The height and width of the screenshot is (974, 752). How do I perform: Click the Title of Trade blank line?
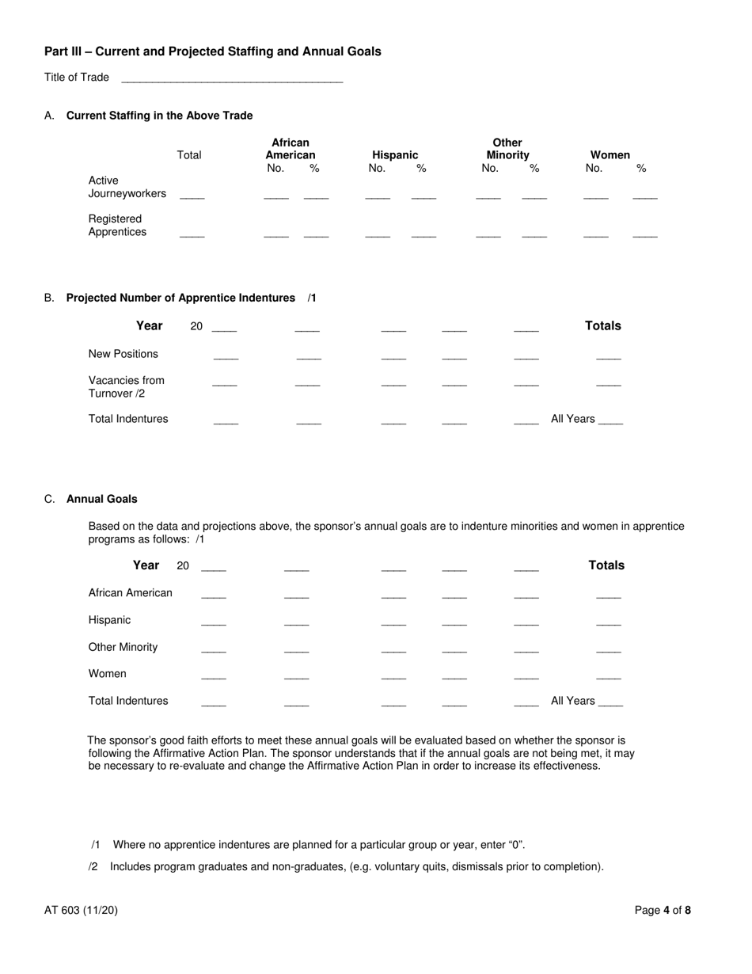point(232,79)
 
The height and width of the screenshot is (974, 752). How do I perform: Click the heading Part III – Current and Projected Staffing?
point(212,51)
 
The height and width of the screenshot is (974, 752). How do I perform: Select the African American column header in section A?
point(291,149)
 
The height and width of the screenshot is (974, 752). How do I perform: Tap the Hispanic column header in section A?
point(395,155)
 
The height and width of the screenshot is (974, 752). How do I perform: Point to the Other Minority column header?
point(507,149)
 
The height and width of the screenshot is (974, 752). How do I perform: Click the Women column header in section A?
point(610,155)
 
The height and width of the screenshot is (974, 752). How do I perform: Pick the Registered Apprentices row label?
point(117,226)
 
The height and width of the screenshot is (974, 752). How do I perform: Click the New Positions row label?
point(123,354)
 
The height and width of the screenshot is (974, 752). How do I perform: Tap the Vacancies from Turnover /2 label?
point(127,387)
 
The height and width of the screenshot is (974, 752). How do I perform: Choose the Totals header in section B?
point(602,326)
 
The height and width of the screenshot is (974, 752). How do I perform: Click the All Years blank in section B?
point(610,421)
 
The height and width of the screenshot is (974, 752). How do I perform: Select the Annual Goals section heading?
point(101,499)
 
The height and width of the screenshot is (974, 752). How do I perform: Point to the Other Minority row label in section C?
point(123,647)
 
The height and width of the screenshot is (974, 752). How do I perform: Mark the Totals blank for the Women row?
point(608,676)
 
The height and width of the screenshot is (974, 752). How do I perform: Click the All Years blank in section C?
point(610,703)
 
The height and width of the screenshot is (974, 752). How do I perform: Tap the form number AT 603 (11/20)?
point(81,911)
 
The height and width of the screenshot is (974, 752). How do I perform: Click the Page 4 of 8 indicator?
point(663,911)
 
